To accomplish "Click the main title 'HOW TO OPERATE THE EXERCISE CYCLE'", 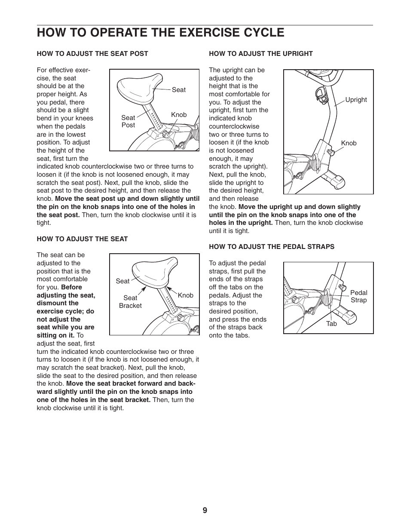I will tap(160, 33).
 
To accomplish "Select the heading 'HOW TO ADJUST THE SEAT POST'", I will tap(92, 54).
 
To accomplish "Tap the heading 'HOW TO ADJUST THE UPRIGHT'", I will tap(260, 54).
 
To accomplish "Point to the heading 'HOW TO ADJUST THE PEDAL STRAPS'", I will tap(271, 247).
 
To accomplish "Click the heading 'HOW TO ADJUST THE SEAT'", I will tap(82, 239).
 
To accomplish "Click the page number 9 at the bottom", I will tap(205, 510).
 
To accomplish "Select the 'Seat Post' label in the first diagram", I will tap(128, 121).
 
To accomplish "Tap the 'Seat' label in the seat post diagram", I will tap(179, 90).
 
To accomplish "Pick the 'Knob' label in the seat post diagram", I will tap(179, 115).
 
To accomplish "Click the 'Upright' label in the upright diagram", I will tap(356, 100).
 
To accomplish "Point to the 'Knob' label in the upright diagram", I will tap(349, 143).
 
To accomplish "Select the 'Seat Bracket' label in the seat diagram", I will tap(130, 301).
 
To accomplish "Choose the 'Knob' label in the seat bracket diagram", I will tap(185, 295).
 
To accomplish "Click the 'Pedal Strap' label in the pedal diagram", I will tap(358, 296).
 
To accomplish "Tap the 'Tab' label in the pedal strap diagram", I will tap(331, 324).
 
